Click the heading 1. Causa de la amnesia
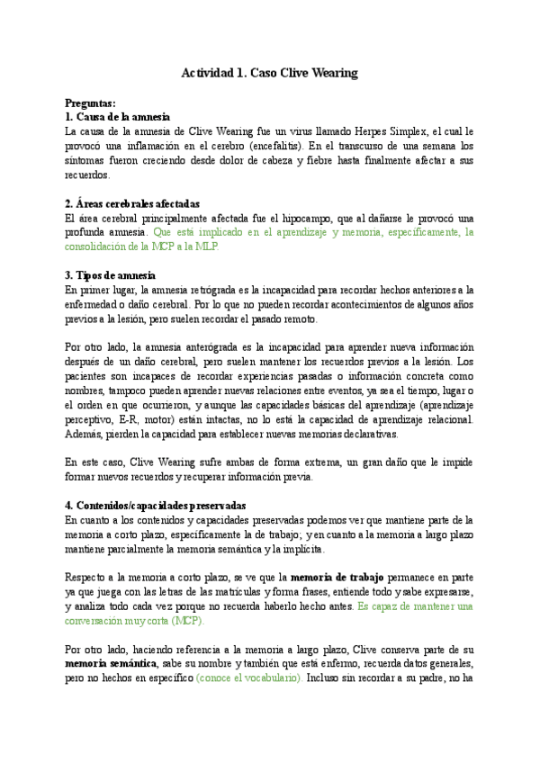(118, 118)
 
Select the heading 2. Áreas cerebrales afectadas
(133, 204)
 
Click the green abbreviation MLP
(206, 247)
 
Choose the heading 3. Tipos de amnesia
(111, 275)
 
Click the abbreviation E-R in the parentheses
(142, 419)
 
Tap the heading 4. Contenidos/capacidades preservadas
(156, 506)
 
